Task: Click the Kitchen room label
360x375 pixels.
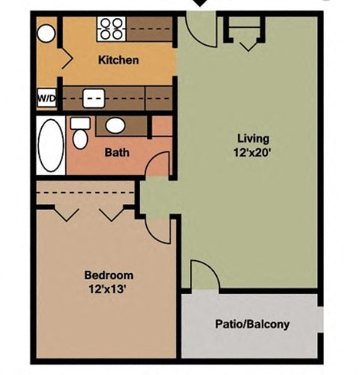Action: point(118,60)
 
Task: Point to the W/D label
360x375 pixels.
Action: point(45,97)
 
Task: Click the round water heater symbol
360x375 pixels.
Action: point(46,33)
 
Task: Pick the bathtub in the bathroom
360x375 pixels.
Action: point(51,145)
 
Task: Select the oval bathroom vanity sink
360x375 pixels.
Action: point(115,125)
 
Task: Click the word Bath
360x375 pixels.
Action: point(116,152)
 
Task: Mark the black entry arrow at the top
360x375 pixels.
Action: point(200,4)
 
